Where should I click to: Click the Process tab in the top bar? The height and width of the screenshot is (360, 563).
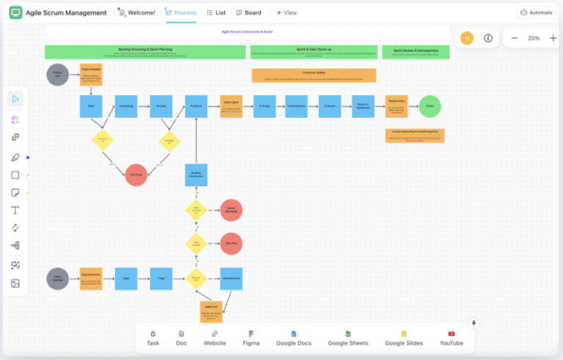click(x=180, y=12)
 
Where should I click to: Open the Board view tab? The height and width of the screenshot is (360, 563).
click(x=249, y=12)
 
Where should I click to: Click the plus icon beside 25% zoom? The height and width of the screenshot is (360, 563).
click(x=553, y=38)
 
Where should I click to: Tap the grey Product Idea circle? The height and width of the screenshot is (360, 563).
click(x=58, y=74)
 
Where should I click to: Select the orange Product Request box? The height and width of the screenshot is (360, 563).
click(x=91, y=75)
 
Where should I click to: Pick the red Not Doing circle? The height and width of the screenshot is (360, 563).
click(x=136, y=175)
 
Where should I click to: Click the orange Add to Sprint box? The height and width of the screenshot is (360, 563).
click(x=231, y=106)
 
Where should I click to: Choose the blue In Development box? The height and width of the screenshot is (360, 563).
click(x=296, y=106)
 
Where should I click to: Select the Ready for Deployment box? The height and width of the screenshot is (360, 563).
click(x=363, y=106)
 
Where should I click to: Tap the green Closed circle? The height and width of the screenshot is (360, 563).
click(x=430, y=106)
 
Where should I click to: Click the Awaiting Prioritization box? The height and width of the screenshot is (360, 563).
click(x=196, y=175)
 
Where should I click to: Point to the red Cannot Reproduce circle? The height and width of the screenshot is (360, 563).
click(x=231, y=210)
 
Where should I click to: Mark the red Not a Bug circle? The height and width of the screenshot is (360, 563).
click(x=231, y=243)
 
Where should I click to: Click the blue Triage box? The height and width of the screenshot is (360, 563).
click(x=161, y=279)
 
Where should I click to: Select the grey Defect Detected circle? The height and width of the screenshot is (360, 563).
click(x=58, y=279)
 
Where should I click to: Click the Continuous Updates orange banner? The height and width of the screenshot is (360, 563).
click(x=314, y=76)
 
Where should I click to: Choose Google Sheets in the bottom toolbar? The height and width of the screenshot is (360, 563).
click(x=348, y=338)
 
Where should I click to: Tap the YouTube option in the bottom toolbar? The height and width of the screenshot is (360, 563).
click(x=452, y=338)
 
